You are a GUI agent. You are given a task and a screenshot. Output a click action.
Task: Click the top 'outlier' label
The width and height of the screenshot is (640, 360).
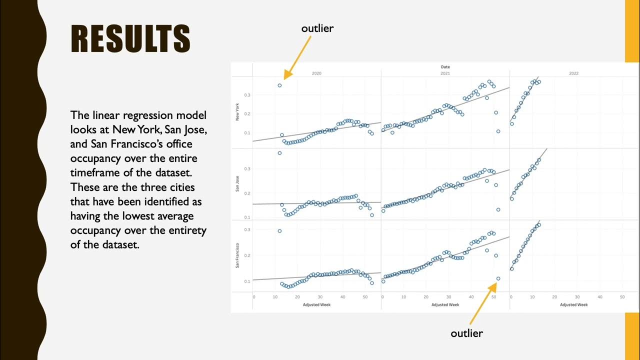pos(317,28)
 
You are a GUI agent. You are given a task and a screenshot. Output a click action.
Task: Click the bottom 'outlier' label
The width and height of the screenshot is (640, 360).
pos(466,333)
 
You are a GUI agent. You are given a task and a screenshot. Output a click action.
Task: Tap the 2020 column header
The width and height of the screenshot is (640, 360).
pos(316,73)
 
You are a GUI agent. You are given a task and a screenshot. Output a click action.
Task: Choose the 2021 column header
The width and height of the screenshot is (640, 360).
pos(445,73)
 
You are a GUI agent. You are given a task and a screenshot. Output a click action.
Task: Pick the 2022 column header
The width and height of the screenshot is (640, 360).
pos(573,73)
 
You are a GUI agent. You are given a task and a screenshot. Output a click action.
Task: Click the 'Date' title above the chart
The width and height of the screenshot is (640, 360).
pos(445,66)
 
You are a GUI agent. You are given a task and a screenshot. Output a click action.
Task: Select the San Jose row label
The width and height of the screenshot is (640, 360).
pos(237,185)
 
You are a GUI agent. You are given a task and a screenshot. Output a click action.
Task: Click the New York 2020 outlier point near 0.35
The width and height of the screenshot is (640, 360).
pos(279,85)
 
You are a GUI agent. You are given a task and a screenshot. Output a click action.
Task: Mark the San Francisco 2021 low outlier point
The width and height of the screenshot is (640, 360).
pos(498,278)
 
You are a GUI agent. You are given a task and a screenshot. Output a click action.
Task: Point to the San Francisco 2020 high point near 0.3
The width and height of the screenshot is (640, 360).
pos(279,231)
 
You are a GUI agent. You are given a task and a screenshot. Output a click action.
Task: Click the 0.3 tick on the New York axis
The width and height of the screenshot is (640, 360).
pos(247,94)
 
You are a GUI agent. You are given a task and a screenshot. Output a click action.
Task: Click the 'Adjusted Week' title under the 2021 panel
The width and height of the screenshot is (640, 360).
pos(445,304)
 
